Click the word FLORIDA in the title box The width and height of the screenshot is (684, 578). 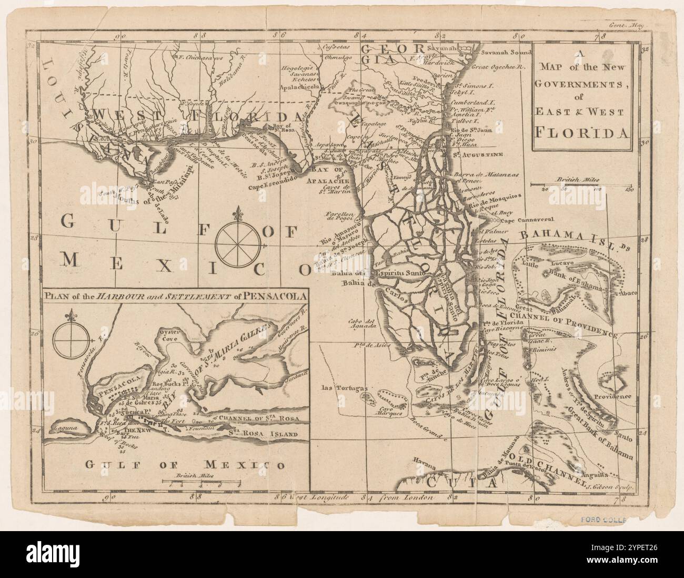(x=581, y=131)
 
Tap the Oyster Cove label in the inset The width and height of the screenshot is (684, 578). (x=172, y=337)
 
